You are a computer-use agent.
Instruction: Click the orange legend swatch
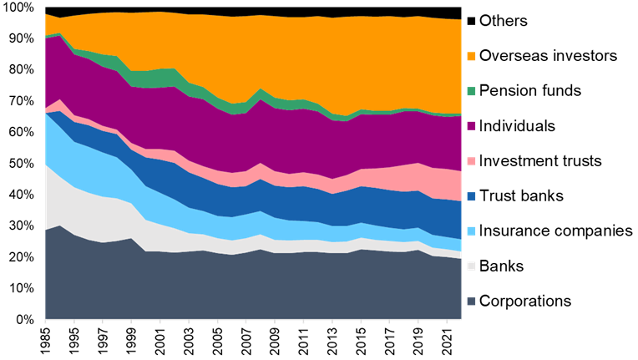[x=471, y=56]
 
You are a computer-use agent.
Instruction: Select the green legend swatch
[x=471, y=91]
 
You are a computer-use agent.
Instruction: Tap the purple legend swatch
[x=471, y=126]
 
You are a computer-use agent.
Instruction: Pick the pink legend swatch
[x=471, y=161]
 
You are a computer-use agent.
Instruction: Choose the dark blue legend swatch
[x=471, y=196]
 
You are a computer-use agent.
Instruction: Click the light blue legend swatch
[x=471, y=231]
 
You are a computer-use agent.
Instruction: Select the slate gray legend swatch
[x=471, y=302]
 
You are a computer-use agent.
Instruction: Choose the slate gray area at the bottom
[x=251, y=288]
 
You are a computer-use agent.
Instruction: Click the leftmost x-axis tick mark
[x=45, y=322]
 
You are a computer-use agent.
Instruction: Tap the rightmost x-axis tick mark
[x=447, y=322]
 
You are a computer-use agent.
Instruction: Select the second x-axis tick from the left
[x=74, y=322]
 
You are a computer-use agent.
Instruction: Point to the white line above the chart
[x=251, y=6]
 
